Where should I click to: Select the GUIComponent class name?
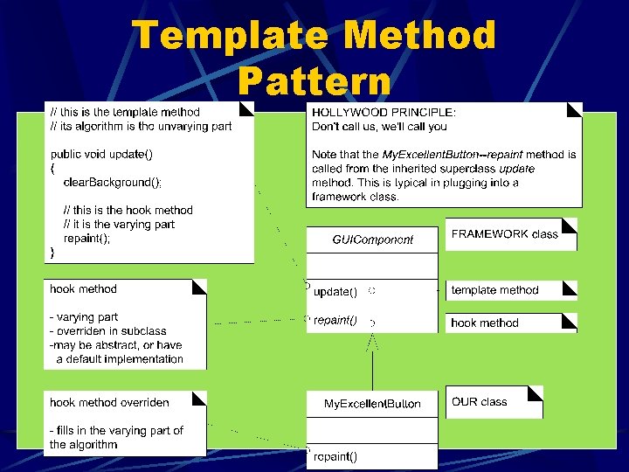372,239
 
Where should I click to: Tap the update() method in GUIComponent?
335,291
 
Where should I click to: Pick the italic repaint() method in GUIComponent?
335,320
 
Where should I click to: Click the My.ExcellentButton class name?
372,404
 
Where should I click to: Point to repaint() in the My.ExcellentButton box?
335,455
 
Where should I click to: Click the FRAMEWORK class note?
504,234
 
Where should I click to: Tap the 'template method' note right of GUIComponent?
494,290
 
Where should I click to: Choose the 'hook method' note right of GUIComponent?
484,323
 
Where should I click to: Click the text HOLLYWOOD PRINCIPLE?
384,112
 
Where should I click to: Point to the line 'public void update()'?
101,154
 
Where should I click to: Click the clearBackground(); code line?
113,182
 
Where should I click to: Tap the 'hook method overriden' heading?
109,402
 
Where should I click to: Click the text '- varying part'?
84,317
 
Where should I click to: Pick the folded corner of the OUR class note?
536,392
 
